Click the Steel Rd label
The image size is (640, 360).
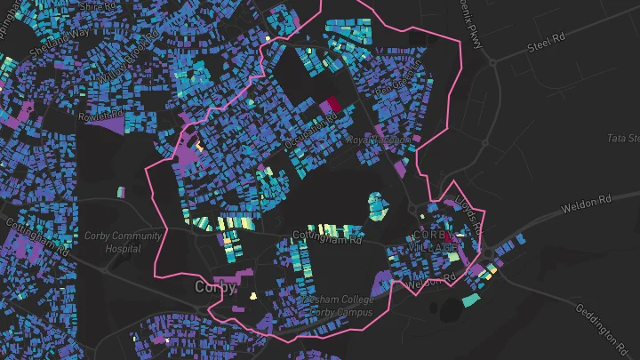(546, 42)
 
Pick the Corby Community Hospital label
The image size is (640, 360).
(124, 243)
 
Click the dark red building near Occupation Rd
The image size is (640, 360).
(332, 105)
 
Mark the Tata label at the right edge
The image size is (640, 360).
(622, 139)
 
